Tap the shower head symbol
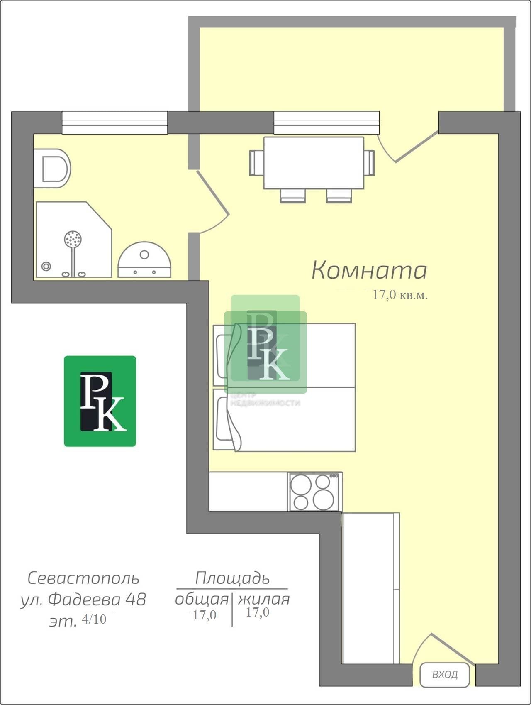point(73,239)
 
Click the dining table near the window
point(314,163)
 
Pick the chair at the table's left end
point(256,163)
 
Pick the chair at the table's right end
point(369,163)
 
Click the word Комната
point(369,270)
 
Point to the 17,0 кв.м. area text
point(400,295)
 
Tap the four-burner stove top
point(315,492)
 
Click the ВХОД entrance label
point(445,675)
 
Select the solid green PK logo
point(100,401)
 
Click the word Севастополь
point(83,578)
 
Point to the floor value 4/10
point(94,619)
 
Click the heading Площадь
point(232,578)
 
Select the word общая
point(202,599)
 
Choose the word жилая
point(264,599)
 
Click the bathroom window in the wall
point(115,122)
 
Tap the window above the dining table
point(327,122)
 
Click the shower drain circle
point(46,266)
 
